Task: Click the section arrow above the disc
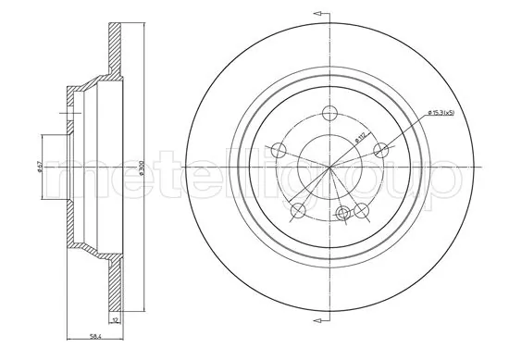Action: point(321,15)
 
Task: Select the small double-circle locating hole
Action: point(343,214)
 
